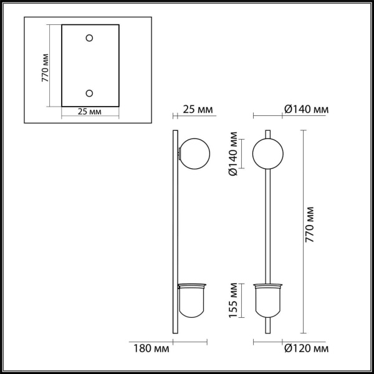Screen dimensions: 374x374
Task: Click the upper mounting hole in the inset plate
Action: coord(89,39)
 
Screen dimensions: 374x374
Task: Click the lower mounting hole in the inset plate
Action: coord(89,93)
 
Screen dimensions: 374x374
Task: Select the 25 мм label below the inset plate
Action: coord(90,112)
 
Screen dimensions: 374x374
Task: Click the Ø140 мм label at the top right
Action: coord(306,110)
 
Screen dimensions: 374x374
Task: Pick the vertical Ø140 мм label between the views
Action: coord(233,155)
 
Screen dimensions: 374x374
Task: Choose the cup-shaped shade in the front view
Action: coord(268,298)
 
